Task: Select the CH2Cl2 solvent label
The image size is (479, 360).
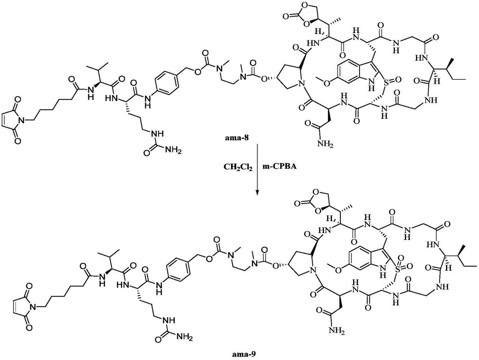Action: tap(238, 168)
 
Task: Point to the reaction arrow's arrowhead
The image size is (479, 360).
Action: tap(257, 192)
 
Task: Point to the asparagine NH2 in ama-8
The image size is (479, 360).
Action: tap(325, 144)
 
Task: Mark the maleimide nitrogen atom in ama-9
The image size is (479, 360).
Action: tap(33, 307)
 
